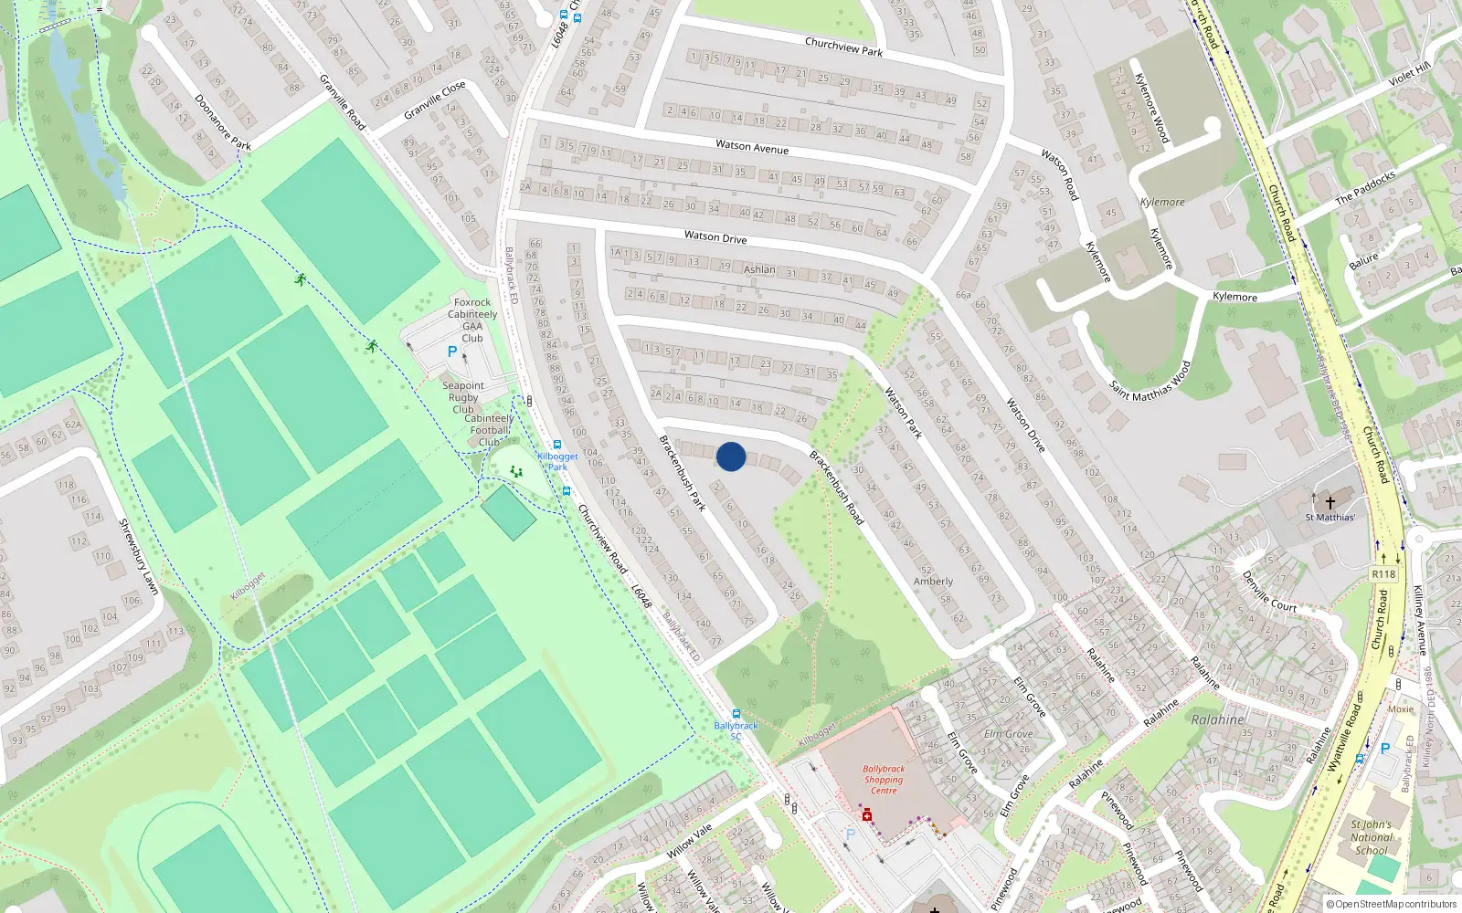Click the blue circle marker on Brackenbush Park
coord(731,456)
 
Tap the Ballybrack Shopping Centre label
coord(884,780)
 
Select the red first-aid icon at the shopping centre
coord(867,814)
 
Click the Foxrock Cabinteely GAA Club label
coord(472,320)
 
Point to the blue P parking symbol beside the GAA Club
coord(451,352)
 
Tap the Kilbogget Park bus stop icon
coord(557,446)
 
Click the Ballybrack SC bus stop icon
coord(736,714)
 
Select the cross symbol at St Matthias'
coord(1330,502)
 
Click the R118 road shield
coord(1383,573)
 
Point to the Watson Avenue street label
coord(752,146)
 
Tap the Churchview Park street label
coord(843,47)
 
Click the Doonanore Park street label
coord(223,121)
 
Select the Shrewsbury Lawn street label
coord(139,557)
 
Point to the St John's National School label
coord(1372,837)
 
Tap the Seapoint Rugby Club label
coord(463,397)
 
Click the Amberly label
coord(933,582)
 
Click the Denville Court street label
coord(1269,592)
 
